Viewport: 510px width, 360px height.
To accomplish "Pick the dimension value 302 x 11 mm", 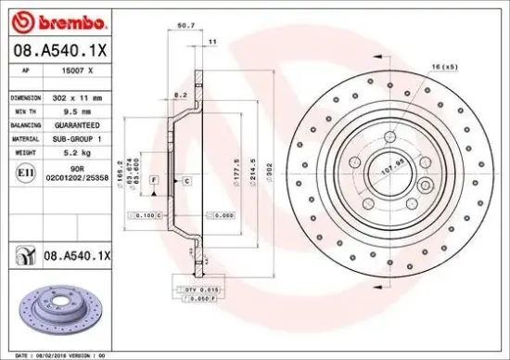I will point(79,96).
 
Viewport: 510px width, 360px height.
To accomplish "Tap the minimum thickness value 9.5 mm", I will point(73,109).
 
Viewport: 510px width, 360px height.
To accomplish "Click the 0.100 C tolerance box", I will point(146,215).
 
